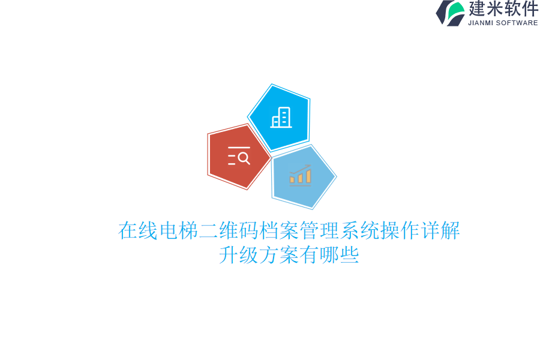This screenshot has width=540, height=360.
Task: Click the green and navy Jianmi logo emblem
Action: point(450,13)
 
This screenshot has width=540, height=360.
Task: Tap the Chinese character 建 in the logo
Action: point(477,8)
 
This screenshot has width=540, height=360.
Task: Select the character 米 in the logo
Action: point(494,8)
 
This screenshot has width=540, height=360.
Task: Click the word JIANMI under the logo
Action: point(481,23)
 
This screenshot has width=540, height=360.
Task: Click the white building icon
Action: point(281,117)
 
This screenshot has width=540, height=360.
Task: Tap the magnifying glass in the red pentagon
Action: point(244,158)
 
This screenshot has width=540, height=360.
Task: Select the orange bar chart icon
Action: point(301,175)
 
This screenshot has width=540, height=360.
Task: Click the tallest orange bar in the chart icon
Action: point(308,176)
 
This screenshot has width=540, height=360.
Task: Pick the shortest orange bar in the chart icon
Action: point(292,179)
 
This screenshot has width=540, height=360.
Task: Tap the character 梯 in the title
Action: point(189,230)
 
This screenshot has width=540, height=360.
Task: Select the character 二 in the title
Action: point(209,230)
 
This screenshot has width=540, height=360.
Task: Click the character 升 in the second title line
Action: point(229,255)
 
